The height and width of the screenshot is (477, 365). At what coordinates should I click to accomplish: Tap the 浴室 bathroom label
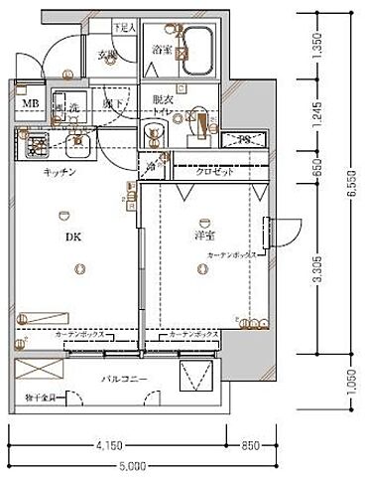(164, 48)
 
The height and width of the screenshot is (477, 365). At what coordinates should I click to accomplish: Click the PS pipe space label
(244, 139)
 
